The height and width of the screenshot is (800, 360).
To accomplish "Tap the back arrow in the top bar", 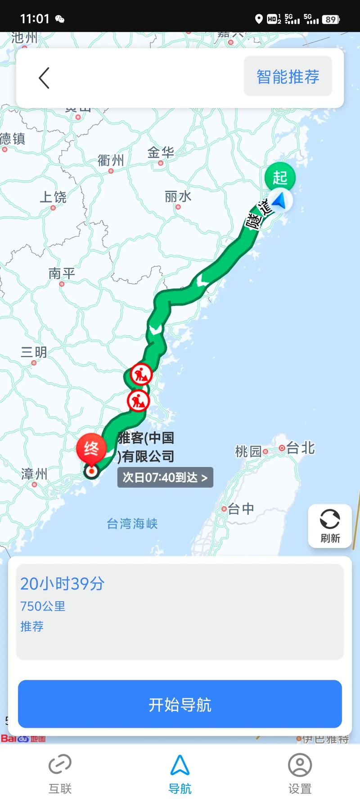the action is click(x=44, y=78).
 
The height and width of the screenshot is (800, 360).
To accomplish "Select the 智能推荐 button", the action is click(x=288, y=76).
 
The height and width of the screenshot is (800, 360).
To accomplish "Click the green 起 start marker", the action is click(x=280, y=177).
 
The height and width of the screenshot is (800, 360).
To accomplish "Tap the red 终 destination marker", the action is click(x=91, y=449).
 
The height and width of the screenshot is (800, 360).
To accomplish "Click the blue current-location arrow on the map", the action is click(x=280, y=201).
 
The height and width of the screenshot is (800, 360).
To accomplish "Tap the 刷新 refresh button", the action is click(x=330, y=526).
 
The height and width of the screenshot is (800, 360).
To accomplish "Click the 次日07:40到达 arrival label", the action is click(x=165, y=477).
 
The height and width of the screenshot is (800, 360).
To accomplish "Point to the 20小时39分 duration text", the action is click(x=63, y=584).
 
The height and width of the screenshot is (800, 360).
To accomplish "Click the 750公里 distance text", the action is click(x=43, y=606).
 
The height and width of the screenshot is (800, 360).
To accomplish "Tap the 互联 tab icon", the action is click(x=60, y=765).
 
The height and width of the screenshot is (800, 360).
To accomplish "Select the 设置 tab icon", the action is click(x=300, y=765).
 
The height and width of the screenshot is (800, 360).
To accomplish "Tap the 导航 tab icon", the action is click(x=180, y=765).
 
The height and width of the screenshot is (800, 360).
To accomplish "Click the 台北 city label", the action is click(x=300, y=448).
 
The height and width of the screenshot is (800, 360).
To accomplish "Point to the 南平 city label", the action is click(x=62, y=273).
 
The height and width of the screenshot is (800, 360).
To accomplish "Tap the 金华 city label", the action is click(x=161, y=153).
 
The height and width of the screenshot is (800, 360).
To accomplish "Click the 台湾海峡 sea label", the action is click(x=132, y=524).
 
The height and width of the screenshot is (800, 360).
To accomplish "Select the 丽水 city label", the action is click(x=178, y=197).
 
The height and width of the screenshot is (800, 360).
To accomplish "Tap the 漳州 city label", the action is click(x=34, y=474).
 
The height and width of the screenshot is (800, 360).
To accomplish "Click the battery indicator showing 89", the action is click(x=331, y=19).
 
